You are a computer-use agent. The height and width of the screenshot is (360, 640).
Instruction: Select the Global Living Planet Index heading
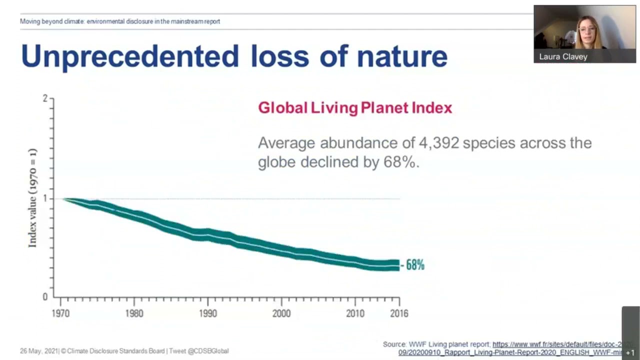pyautogui.click(x=355, y=108)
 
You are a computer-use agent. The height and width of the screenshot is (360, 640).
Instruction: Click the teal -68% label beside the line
pyautogui.click(x=414, y=265)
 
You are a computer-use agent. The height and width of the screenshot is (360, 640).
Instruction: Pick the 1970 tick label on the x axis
pyautogui.click(x=60, y=313)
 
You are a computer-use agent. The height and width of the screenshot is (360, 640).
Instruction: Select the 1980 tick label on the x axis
pyautogui.click(x=134, y=313)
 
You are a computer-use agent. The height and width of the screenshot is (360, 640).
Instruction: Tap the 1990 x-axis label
pyautogui.click(x=207, y=313)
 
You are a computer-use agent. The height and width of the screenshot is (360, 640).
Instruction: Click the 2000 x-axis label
pyautogui.click(x=281, y=313)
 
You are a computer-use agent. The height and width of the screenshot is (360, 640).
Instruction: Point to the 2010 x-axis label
pyautogui.click(x=355, y=313)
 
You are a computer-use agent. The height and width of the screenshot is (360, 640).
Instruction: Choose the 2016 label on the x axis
pyautogui.click(x=398, y=313)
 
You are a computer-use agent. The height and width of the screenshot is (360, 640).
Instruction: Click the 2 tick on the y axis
pyautogui.click(x=45, y=98)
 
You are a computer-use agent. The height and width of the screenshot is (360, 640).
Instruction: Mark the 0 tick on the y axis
pyautogui.click(x=45, y=297)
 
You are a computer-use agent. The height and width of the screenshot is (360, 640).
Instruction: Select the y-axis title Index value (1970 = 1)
pyautogui.click(x=32, y=198)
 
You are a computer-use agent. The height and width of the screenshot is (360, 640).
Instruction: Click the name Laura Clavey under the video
pyautogui.click(x=563, y=56)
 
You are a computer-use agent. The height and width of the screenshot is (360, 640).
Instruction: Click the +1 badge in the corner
pyautogui.click(x=630, y=353)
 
